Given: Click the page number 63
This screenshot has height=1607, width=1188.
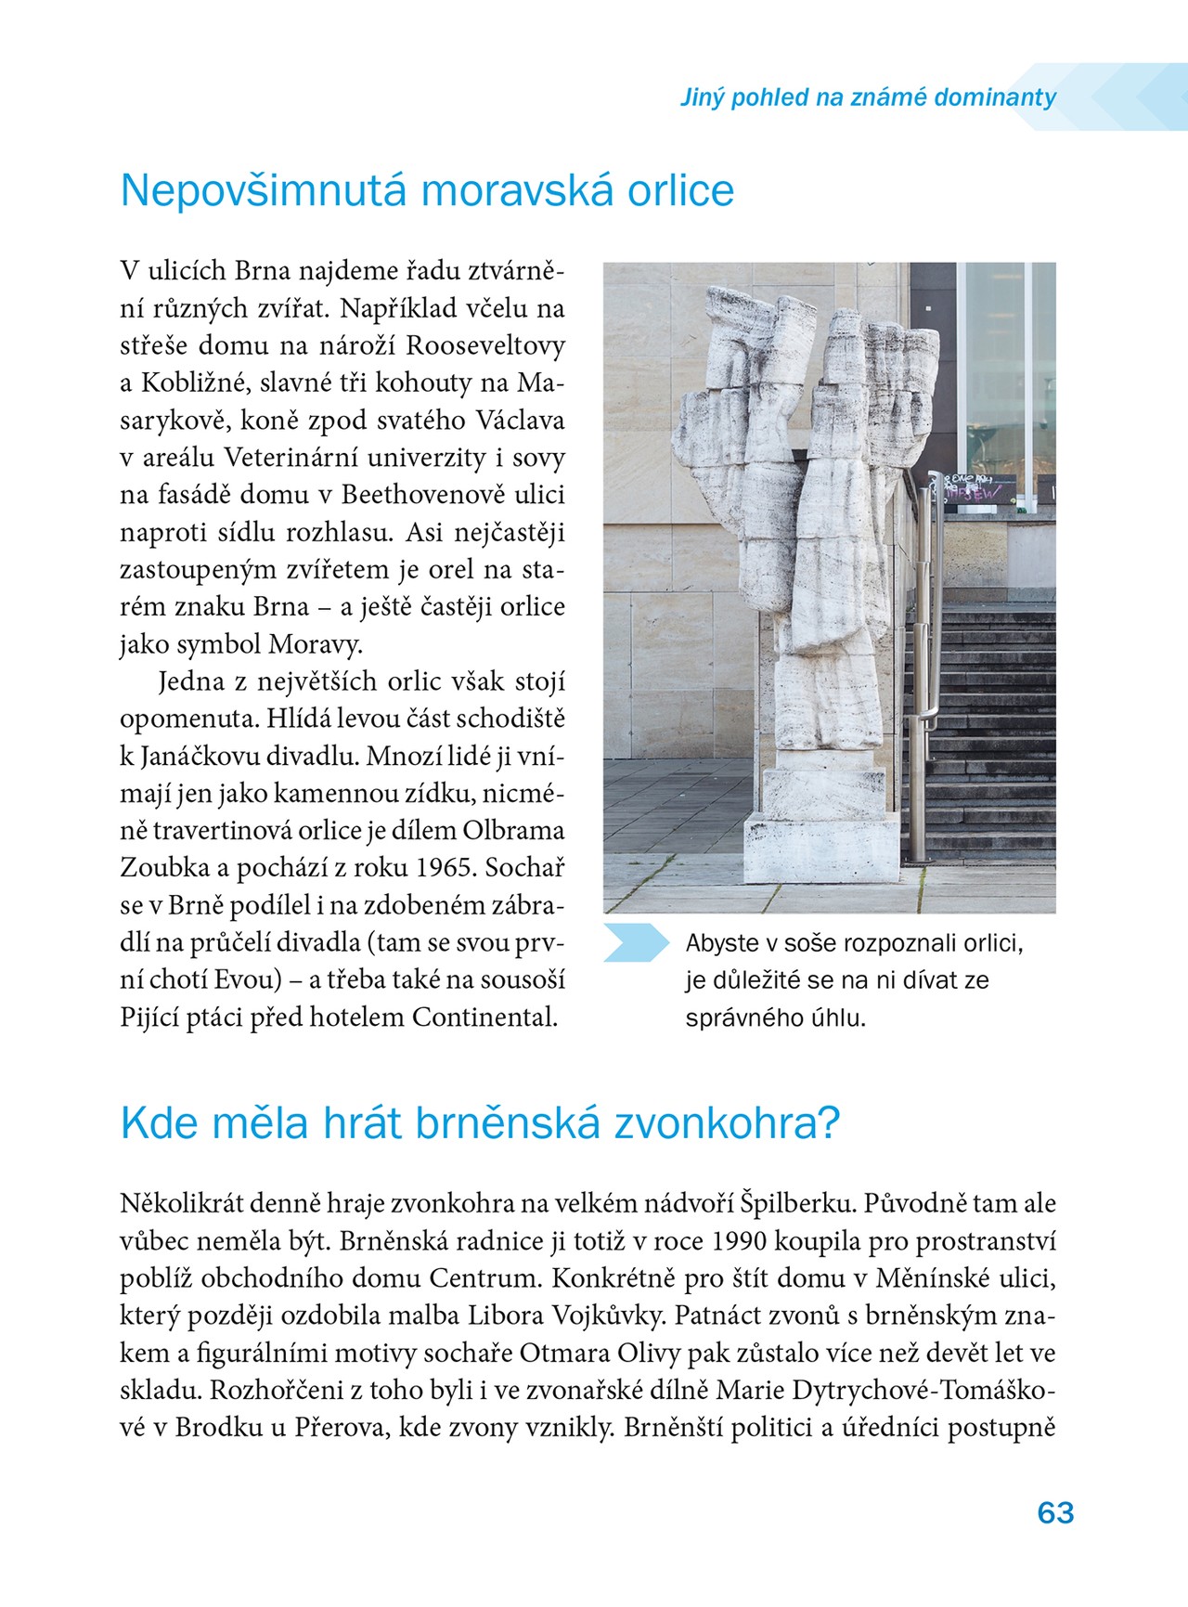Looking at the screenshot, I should coord(1055,1513).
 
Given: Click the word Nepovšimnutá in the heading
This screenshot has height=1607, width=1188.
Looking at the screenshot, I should coord(265,191).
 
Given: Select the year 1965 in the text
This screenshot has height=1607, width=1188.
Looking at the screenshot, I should coord(444,868).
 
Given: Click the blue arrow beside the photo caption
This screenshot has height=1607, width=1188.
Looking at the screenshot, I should coord(636,943).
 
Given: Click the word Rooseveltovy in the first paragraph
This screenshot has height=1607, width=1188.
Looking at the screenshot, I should coord(485,346).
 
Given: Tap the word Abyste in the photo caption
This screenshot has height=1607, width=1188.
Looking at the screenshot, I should coord(722,944).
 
